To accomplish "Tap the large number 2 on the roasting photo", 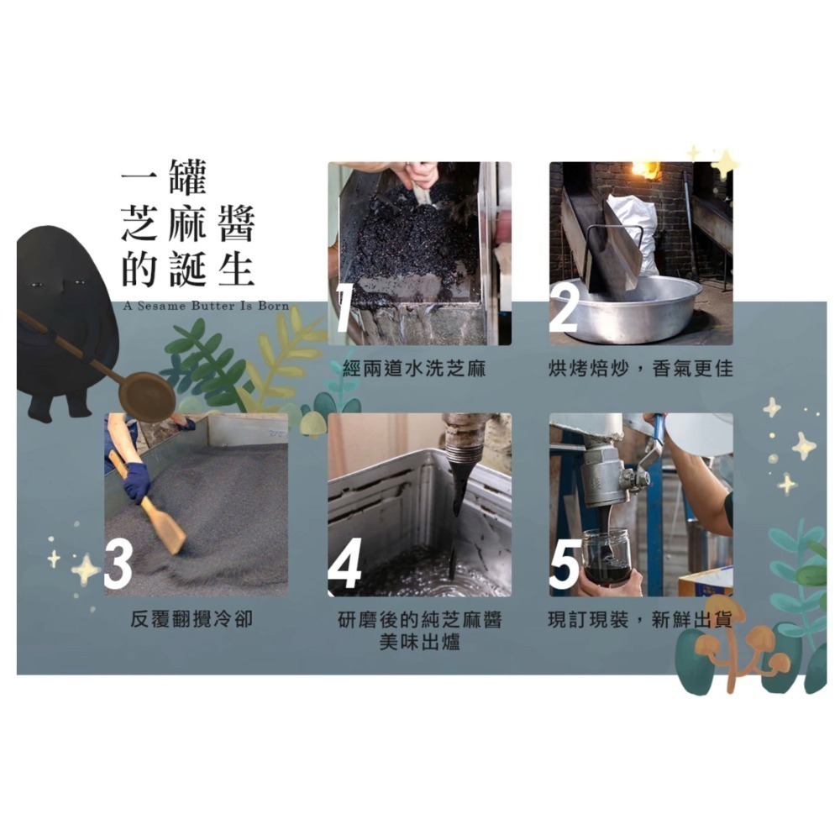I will (x=564, y=308).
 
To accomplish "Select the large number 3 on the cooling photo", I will (x=118, y=564).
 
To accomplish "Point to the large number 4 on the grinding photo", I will (x=344, y=564).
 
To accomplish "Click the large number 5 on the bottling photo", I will (x=564, y=564).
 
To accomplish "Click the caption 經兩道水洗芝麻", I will (x=415, y=369).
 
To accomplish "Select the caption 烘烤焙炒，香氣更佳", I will (x=640, y=369).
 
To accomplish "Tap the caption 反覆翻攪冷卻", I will (x=192, y=621).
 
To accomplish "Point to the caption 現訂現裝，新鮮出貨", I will (x=640, y=621).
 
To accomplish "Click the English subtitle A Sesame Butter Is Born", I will (x=206, y=306).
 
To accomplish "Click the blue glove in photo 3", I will (x=136, y=480).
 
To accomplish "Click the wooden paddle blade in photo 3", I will (x=165, y=529).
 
